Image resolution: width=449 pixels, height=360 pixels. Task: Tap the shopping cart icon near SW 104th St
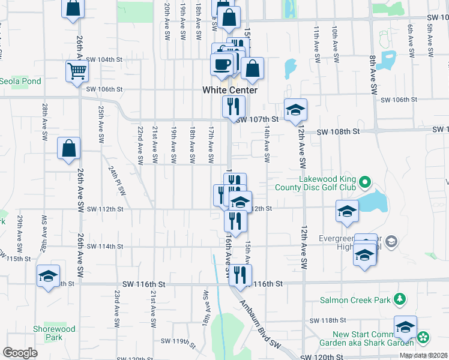[77, 71]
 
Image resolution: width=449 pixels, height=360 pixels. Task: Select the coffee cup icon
[221, 63]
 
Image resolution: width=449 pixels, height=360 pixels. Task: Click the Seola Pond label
[20, 81]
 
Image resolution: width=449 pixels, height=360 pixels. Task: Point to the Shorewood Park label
[54, 333]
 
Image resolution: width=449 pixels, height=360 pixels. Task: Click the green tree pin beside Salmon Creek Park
[399, 299]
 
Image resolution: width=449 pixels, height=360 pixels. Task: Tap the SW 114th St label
[104, 246]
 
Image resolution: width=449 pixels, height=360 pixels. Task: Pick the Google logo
[20, 353]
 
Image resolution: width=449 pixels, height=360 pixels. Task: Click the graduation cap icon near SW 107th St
[295, 110]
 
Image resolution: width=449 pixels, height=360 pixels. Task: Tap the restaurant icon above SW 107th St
[232, 106]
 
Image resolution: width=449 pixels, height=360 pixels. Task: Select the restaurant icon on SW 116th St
[240, 275]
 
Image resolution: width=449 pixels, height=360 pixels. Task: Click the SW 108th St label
[337, 131]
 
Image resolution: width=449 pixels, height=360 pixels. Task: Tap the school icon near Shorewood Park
[48, 276]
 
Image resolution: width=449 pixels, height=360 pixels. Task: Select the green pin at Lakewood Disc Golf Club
[364, 182]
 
